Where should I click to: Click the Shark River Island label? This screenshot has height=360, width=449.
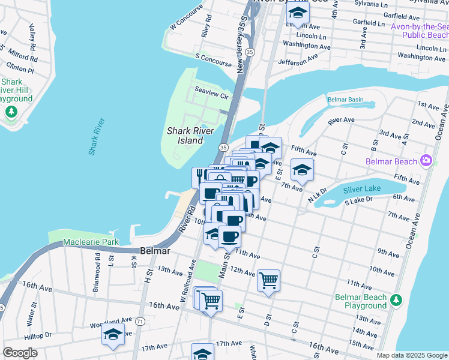point(184,136)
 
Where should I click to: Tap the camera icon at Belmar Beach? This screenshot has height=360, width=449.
point(426,160)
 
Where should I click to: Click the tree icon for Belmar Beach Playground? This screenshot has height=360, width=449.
point(396,299)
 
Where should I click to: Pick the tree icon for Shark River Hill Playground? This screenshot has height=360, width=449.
point(11,112)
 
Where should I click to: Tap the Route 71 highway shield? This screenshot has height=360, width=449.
point(139,322)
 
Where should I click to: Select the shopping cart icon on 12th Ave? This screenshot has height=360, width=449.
point(268,280)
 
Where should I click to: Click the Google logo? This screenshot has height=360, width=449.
point(20,353)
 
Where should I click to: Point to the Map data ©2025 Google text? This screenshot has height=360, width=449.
point(411,355)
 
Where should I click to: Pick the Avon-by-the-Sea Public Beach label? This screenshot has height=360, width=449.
point(419,31)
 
